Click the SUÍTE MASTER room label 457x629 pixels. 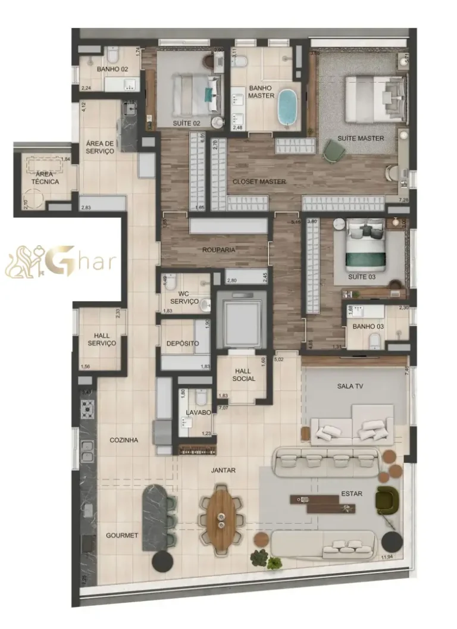click(361, 138)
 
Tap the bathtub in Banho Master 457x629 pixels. click(289, 107)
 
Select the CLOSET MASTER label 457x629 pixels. click(259, 181)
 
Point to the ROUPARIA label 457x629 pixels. click(218, 250)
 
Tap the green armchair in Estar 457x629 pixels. click(386, 499)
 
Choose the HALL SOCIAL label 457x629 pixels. click(244, 375)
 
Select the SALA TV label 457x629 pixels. click(350, 386)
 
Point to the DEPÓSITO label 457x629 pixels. click(182, 343)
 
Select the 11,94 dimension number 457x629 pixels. click(387, 557)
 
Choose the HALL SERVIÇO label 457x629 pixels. click(102, 340)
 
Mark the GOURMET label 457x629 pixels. click(122, 536)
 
